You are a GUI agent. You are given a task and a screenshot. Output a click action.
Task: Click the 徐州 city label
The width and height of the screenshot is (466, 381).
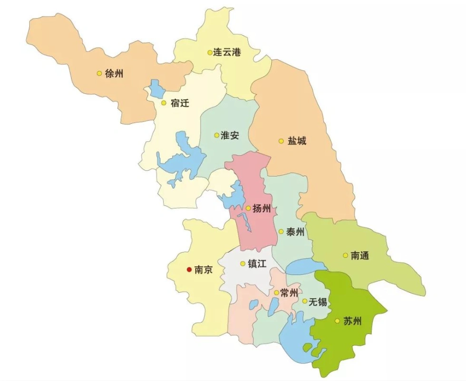(x=114, y=73)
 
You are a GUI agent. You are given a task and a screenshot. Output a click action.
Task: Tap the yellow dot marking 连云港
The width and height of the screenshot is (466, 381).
(x=210, y=52)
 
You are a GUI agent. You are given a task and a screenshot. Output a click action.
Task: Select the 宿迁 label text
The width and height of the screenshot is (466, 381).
(x=179, y=103)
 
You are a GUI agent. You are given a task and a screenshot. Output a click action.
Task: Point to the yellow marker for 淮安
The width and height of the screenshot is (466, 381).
(x=217, y=135)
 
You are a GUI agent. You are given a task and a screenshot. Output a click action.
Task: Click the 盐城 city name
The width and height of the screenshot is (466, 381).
(x=297, y=141)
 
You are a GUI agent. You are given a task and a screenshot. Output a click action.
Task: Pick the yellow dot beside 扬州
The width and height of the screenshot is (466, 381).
(x=248, y=208)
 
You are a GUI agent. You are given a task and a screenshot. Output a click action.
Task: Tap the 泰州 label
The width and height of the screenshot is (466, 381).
(x=295, y=232)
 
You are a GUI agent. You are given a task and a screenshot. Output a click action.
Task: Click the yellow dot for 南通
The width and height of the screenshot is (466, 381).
(x=345, y=255)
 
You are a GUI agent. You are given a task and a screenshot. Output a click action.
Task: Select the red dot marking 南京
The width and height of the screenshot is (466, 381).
(x=188, y=269)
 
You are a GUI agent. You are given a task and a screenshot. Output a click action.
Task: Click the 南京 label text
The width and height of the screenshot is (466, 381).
(x=204, y=269)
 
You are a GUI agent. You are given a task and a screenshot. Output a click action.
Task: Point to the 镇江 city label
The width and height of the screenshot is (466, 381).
(x=257, y=263)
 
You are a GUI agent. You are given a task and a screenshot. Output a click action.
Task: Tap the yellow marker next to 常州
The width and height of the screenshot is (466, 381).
(x=276, y=292)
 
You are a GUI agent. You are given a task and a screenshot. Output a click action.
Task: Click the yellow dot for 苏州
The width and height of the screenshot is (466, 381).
(x=337, y=321)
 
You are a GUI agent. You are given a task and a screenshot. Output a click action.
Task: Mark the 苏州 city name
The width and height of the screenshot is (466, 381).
(x=352, y=321)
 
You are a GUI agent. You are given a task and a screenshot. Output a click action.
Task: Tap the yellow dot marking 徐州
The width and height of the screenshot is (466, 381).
(x=99, y=73)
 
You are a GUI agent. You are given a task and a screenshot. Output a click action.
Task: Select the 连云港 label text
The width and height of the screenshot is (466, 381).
(x=227, y=52)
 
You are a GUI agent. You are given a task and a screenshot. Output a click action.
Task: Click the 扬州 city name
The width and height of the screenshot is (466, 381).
(x=262, y=208)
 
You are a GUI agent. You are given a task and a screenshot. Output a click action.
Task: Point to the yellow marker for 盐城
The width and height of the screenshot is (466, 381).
(x=281, y=141)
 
